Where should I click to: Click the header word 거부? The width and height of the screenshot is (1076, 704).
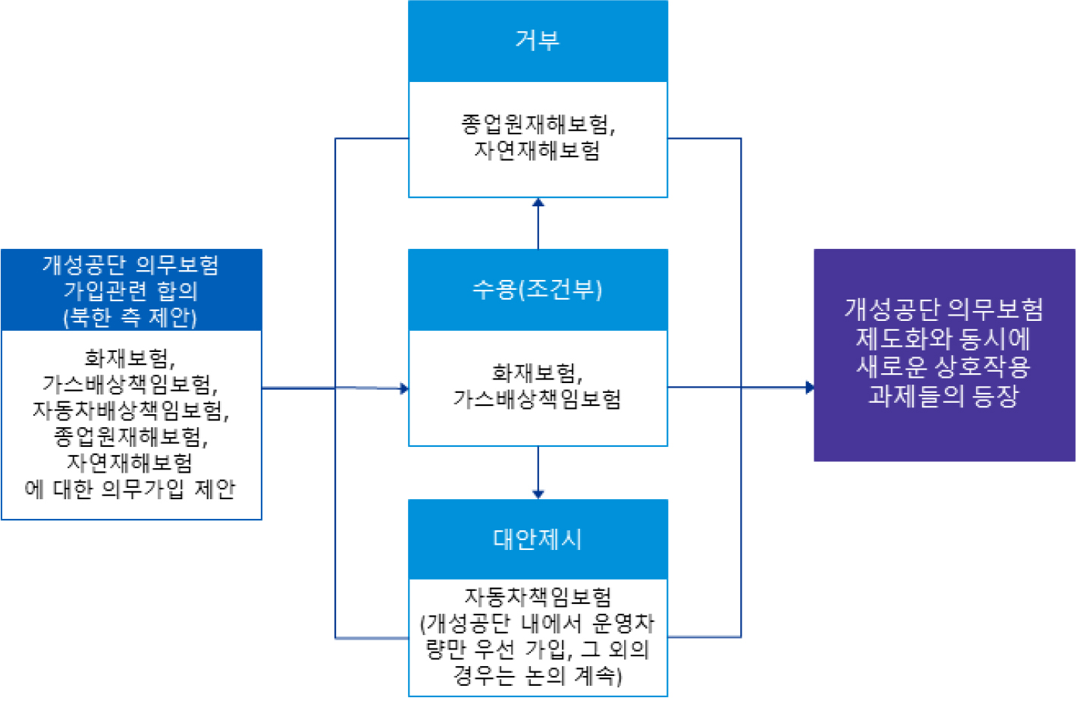tap(538, 40)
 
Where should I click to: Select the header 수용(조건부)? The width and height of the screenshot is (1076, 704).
tap(538, 289)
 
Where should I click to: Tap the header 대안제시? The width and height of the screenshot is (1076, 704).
tap(538, 539)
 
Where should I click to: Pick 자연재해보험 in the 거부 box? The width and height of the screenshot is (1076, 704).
tap(537, 150)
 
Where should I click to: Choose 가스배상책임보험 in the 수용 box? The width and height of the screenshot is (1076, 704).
tap(537, 399)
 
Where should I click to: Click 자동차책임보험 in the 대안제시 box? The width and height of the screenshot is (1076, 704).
tap(538, 597)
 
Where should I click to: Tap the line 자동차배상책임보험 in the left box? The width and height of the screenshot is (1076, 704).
tap(130, 410)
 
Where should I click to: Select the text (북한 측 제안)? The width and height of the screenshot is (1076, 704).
tap(130, 317)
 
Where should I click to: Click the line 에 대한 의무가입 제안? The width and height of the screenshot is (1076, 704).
tap(130, 489)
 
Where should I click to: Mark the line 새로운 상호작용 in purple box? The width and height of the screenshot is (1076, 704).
tap(943, 367)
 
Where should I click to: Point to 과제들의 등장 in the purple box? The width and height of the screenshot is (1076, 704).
tap(943, 395)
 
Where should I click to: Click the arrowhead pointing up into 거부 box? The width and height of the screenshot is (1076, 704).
tap(538, 203)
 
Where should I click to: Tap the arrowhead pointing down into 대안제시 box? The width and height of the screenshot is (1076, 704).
tap(538, 494)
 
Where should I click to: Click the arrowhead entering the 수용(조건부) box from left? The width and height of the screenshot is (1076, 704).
tap(404, 388)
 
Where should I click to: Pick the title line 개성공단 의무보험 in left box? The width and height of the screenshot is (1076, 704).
tap(130, 265)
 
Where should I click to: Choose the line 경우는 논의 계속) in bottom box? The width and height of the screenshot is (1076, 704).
tap(538, 675)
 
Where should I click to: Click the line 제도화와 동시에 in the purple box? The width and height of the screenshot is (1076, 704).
tap(943, 338)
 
